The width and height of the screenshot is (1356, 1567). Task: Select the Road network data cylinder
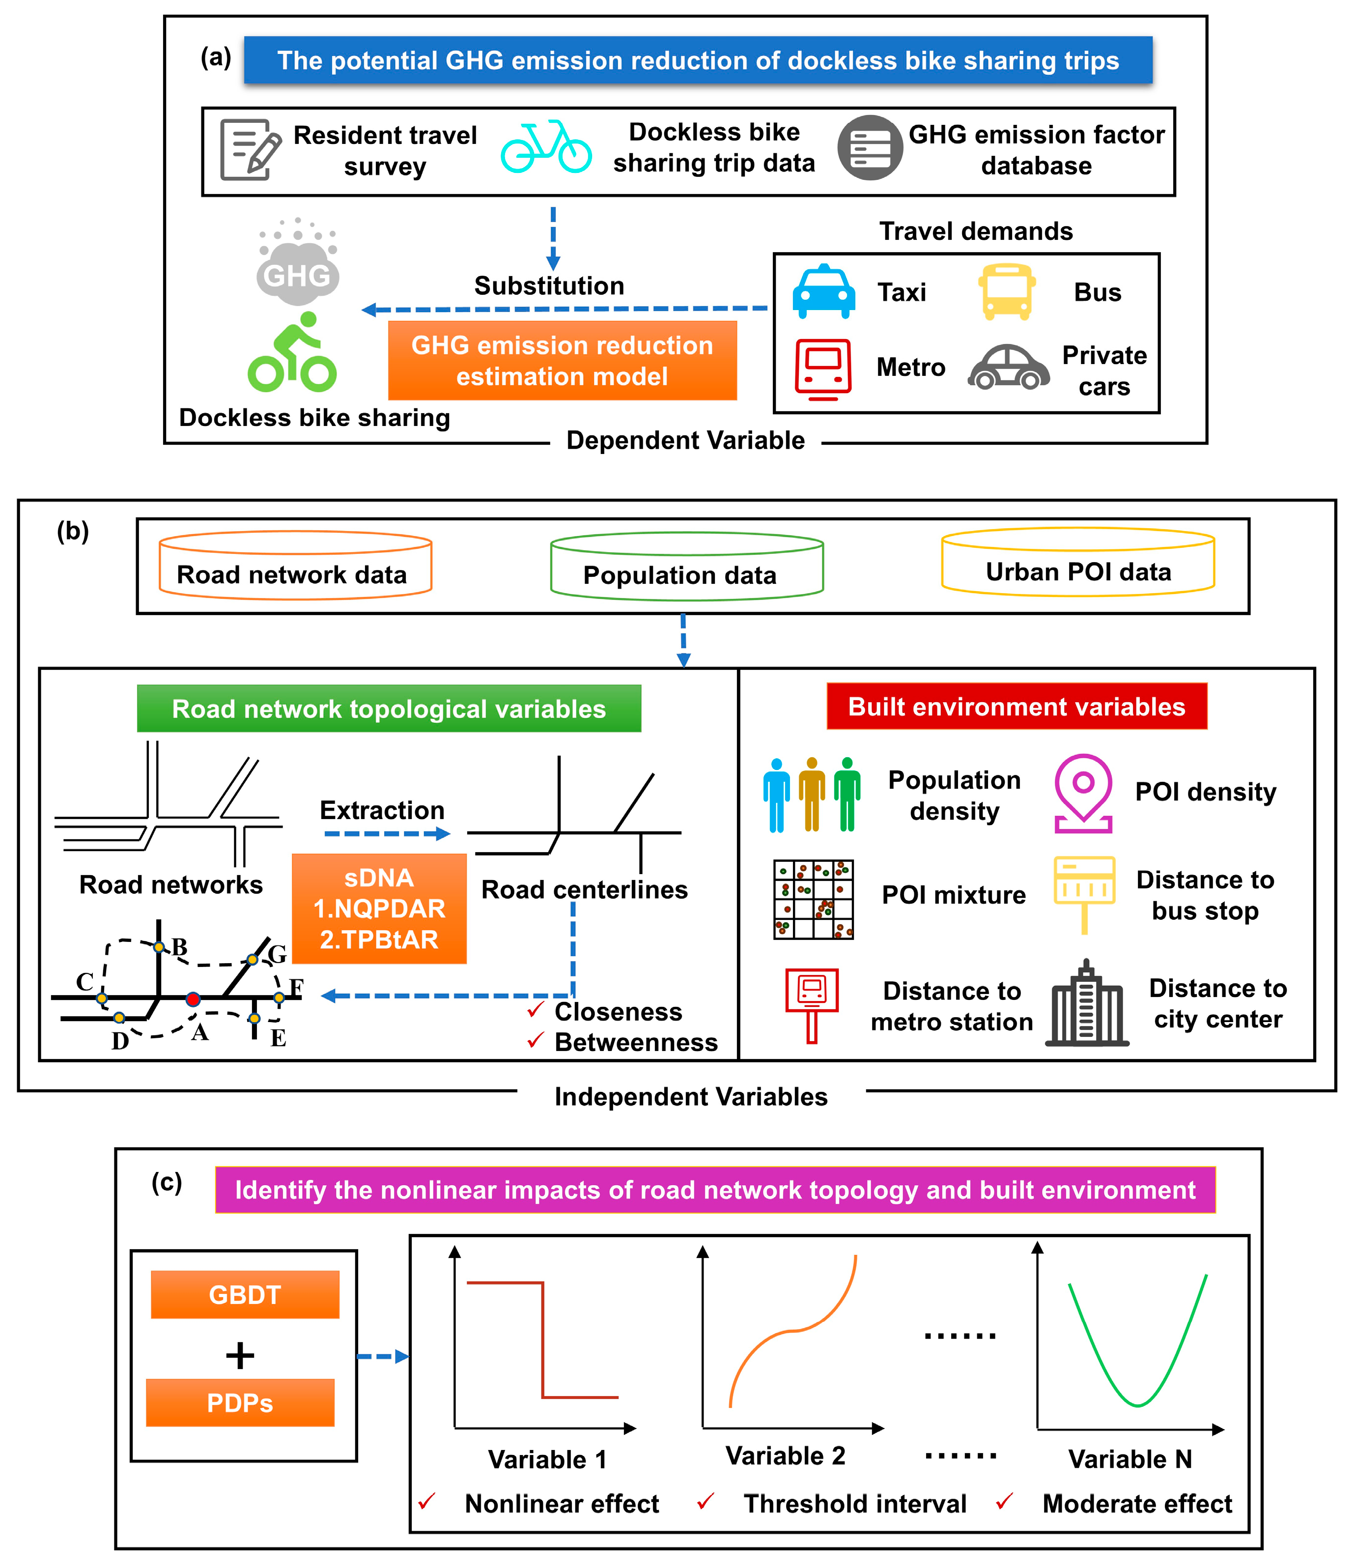pyautogui.click(x=295, y=566)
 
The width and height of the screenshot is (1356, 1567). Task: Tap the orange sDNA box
pyautogui.click(x=379, y=908)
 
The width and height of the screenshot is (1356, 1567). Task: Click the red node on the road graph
pyautogui.click(x=193, y=999)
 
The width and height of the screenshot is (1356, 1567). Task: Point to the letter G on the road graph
pyautogui.click(x=278, y=954)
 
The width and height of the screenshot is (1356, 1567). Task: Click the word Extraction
pyautogui.click(x=382, y=810)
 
